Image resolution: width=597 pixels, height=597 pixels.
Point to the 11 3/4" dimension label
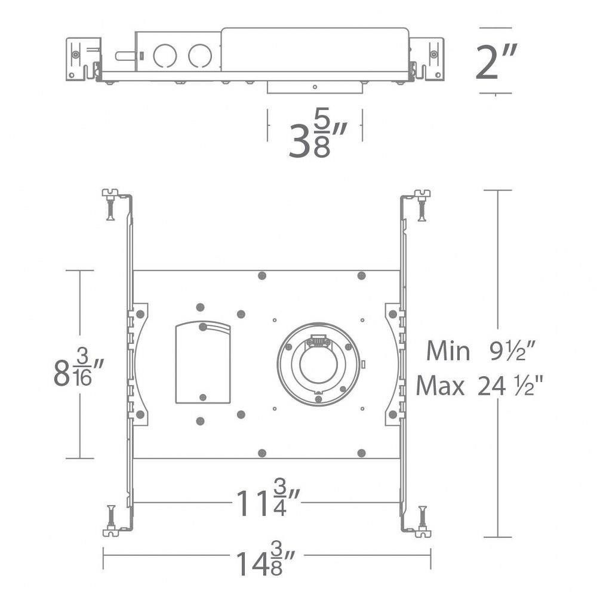point(268,502)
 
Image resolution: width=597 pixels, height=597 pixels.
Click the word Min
point(448,351)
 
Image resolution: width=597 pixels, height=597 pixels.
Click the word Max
point(440,386)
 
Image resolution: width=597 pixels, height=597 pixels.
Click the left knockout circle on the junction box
point(165,56)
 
